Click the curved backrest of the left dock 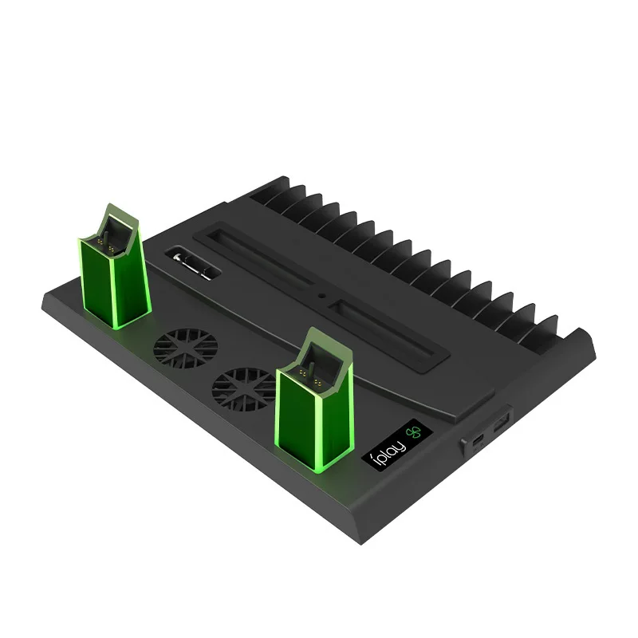coord(116,215)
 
